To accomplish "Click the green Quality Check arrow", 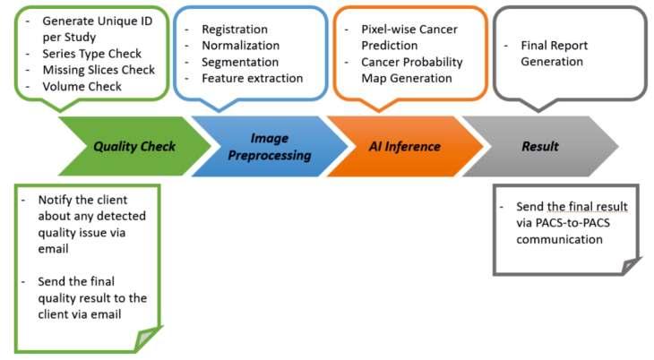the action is (134, 146).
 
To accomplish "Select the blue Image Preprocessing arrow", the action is (270, 146).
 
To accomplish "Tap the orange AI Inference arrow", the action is (405, 146).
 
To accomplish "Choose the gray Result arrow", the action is (540, 146).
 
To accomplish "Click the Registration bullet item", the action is (235, 30).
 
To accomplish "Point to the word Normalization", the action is (241, 46).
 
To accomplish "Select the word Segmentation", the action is (240, 62).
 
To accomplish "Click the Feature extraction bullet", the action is (253, 79).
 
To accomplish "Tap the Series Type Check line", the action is (91, 54).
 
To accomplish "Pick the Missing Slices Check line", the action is (99, 70).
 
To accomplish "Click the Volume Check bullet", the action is (82, 86).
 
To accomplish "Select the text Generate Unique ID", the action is (98, 21).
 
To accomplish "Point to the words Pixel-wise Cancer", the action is (409, 30).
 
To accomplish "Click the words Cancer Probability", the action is (412, 62).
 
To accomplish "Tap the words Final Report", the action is (554, 46).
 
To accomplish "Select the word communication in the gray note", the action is (559, 239).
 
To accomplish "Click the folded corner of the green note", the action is (148, 339).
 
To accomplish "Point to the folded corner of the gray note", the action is (632, 266).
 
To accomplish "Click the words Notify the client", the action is (82, 200).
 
